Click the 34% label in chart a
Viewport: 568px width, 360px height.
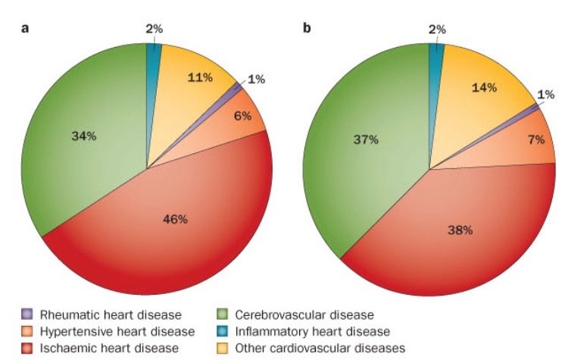84,136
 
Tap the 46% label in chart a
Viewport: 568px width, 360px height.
175,220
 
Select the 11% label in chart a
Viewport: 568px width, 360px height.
201,77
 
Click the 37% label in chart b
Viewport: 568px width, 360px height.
366,140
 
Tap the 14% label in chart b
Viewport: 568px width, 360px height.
483,87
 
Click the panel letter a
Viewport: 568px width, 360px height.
25,29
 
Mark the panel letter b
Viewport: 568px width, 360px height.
307,29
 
